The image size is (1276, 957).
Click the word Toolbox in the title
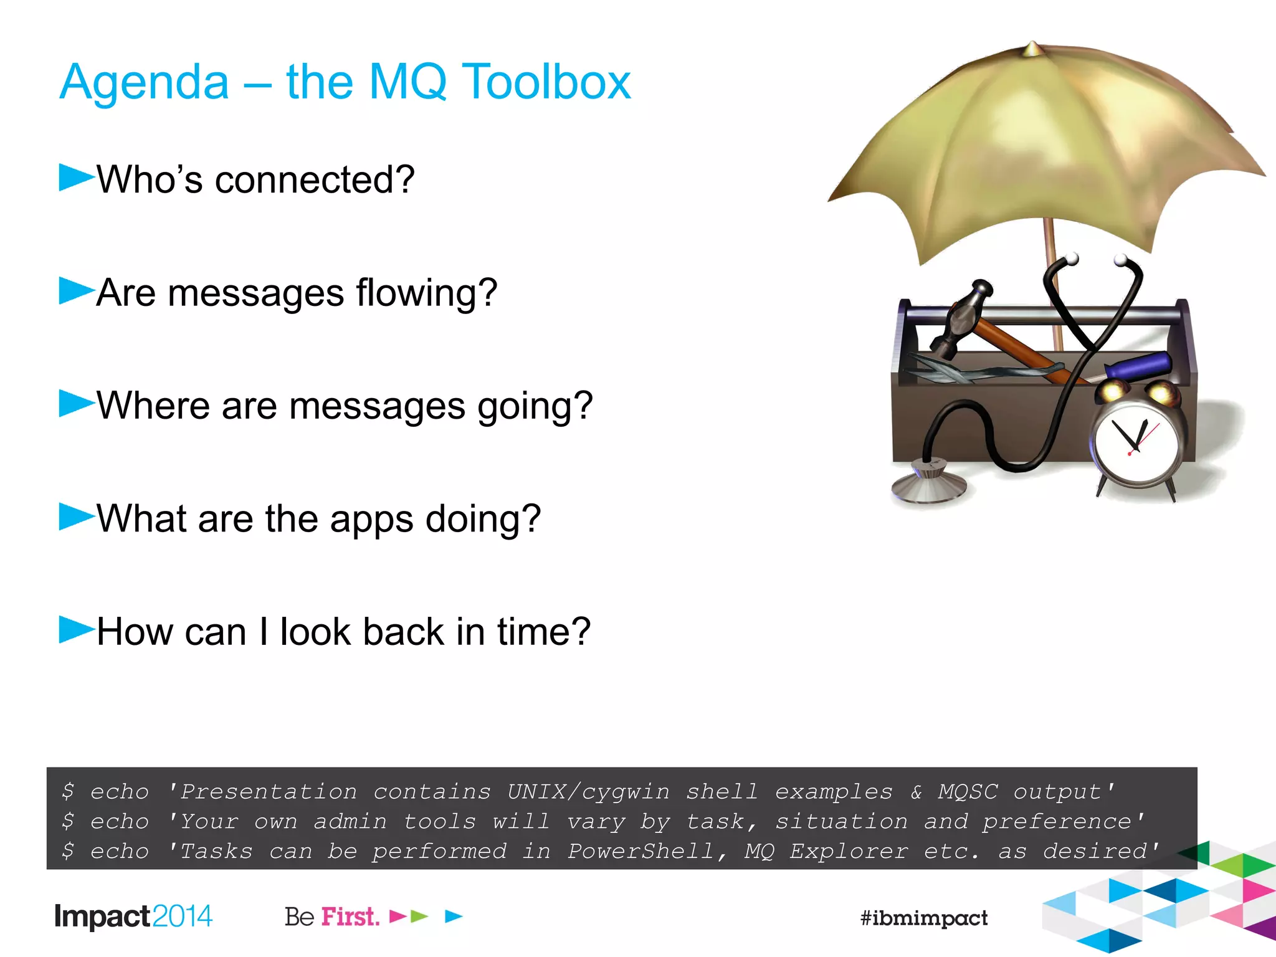(x=547, y=82)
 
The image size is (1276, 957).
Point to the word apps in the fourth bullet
(x=371, y=519)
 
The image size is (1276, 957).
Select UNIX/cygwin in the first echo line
(x=588, y=791)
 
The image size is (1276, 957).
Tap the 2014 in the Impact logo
(x=182, y=916)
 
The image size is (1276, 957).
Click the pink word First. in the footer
(x=350, y=917)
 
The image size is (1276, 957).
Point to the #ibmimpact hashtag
(x=923, y=918)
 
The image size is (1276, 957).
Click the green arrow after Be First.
(x=420, y=917)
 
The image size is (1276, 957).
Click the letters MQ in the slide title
(x=407, y=82)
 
